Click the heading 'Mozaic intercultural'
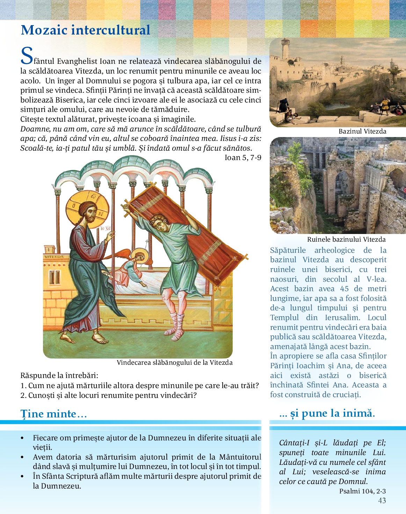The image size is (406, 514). (85, 30)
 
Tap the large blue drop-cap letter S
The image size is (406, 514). (27, 56)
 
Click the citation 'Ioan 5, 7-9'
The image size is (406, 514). (243, 158)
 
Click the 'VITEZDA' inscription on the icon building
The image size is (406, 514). (54, 257)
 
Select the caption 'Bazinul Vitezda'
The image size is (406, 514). (362, 131)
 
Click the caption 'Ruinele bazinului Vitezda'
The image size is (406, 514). (346, 240)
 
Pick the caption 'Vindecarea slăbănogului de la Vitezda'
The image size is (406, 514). (174, 363)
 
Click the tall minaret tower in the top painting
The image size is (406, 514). (285, 49)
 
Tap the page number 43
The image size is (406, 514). (382, 500)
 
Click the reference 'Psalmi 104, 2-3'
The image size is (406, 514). (362, 491)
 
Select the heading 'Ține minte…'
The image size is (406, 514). (53, 414)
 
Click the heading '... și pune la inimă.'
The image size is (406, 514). (327, 413)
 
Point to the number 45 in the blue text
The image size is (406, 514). (344, 289)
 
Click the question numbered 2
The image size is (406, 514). (109, 395)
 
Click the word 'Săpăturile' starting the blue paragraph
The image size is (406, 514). (288, 250)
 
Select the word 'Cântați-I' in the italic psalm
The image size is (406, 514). (294, 443)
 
